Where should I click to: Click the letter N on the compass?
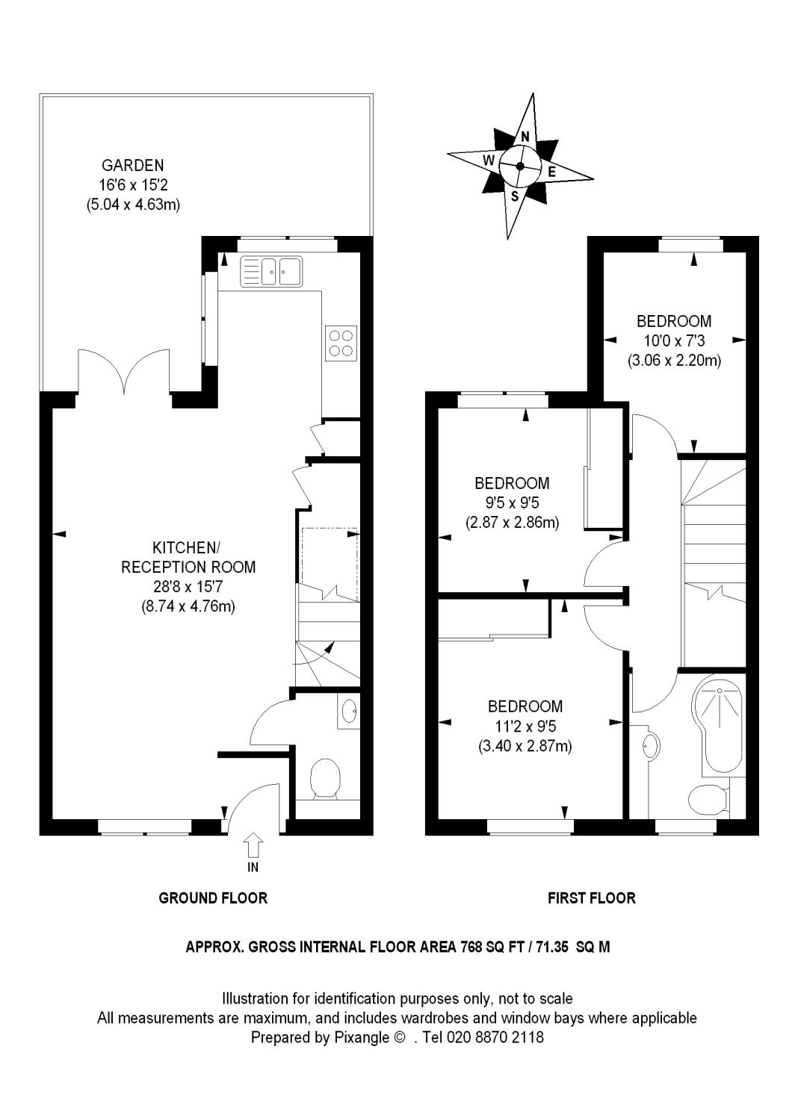525,136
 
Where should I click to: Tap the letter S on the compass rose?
514,196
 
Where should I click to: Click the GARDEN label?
132,165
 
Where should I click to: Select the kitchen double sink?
271,272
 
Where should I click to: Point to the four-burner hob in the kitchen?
341,343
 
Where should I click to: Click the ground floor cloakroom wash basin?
349,709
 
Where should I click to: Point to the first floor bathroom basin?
650,747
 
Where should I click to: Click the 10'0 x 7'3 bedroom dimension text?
674,340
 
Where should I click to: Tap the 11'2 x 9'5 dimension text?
525,726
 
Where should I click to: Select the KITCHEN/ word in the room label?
185,547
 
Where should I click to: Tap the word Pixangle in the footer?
362,1038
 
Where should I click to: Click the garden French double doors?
123,373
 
